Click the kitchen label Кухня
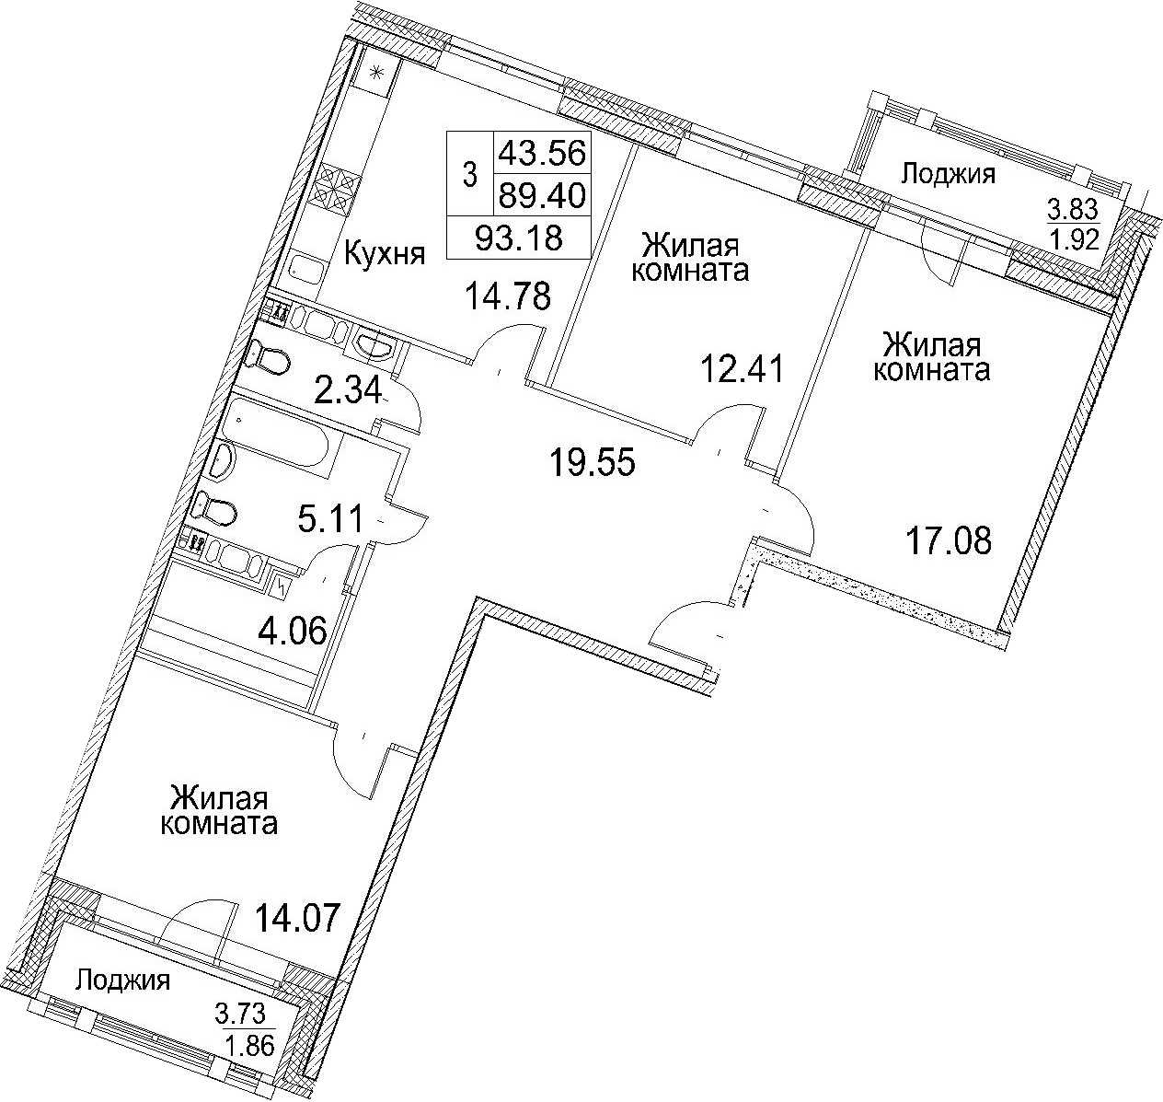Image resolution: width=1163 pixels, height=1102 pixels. tap(385, 255)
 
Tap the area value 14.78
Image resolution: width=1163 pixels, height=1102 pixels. tap(508, 296)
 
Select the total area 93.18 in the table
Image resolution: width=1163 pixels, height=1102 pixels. tap(519, 238)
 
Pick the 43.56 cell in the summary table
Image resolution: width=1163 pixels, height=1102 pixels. tap(542, 154)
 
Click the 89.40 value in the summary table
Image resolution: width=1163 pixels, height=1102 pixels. tap(542, 195)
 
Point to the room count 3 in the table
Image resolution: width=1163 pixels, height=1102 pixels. tap(469, 176)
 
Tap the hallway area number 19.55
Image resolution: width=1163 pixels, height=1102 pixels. tap(593, 462)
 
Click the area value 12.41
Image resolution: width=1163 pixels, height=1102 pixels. tap(743, 368)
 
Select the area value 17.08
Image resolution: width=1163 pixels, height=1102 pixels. tap(950, 541)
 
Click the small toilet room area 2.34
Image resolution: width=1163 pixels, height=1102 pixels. tap(348, 391)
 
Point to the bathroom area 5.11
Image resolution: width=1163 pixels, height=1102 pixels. tap(329, 520)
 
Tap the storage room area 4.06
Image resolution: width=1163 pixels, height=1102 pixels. tap(293, 631)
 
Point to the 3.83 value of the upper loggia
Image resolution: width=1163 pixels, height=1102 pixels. tap(1073, 209)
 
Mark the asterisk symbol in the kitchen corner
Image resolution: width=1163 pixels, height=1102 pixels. tap(377, 73)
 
